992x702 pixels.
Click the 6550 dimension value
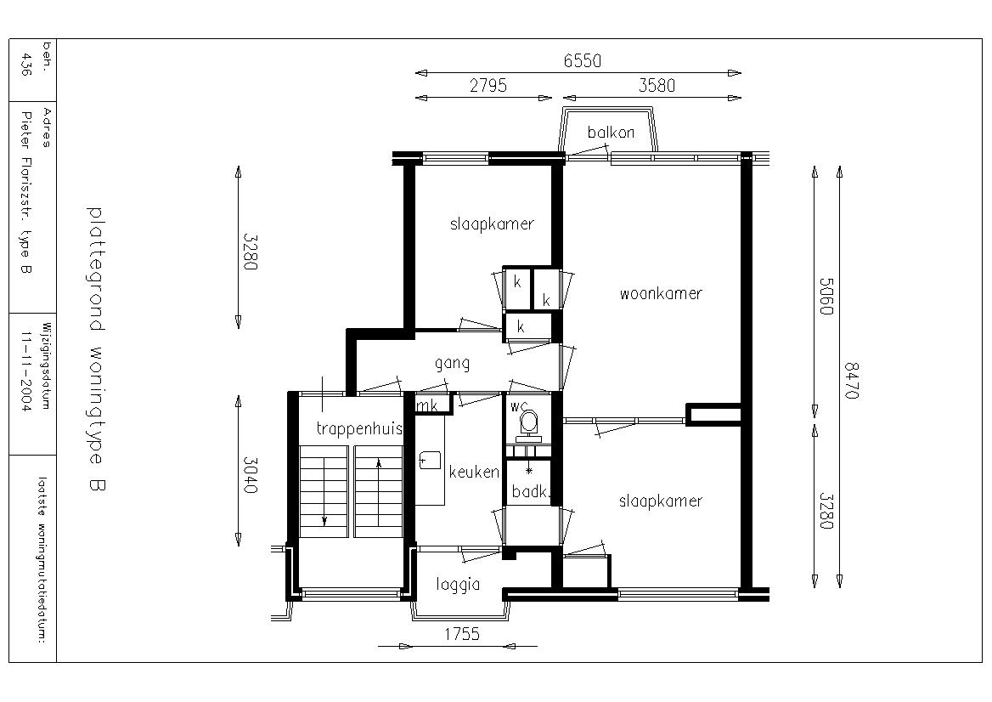[x=582, y=61]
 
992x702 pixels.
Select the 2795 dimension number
[x=488, y=86]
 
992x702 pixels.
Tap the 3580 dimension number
[x=657, y=86]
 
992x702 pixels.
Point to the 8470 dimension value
[x=851, y=381]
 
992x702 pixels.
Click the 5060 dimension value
[x=826, y=297]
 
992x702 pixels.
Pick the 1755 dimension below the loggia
[x=462, y=634]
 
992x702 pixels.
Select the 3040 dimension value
[x=250, y=475]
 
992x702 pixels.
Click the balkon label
[x=611, y=133]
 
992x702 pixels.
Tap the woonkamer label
[x=661, y=294]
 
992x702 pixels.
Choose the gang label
[x=452, y=364]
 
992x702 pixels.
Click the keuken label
[x=474, y=472]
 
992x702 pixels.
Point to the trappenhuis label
[x=359, y=429]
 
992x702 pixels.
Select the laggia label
[x=458, y=584]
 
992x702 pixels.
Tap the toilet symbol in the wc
[x=528, y=426]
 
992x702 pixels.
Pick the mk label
[x=427, y=406]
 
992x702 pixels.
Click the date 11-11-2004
[x=26, y=371]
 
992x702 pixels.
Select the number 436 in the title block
[x=26, y=65]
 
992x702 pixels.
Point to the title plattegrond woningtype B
[x=96, y=348]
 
